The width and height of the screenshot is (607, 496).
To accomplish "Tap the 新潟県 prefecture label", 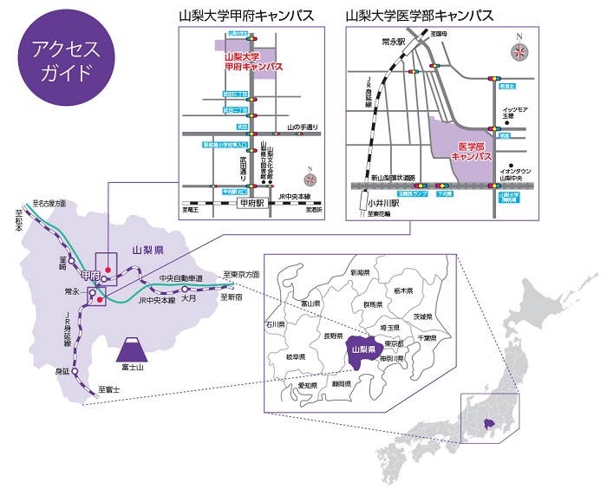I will pyautogui.click(x=360, y=272).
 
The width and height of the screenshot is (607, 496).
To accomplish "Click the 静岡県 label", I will pyautogui.click(x=340, y=382).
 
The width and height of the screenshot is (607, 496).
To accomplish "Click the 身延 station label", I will pyautogui.click(x=61, y=370).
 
